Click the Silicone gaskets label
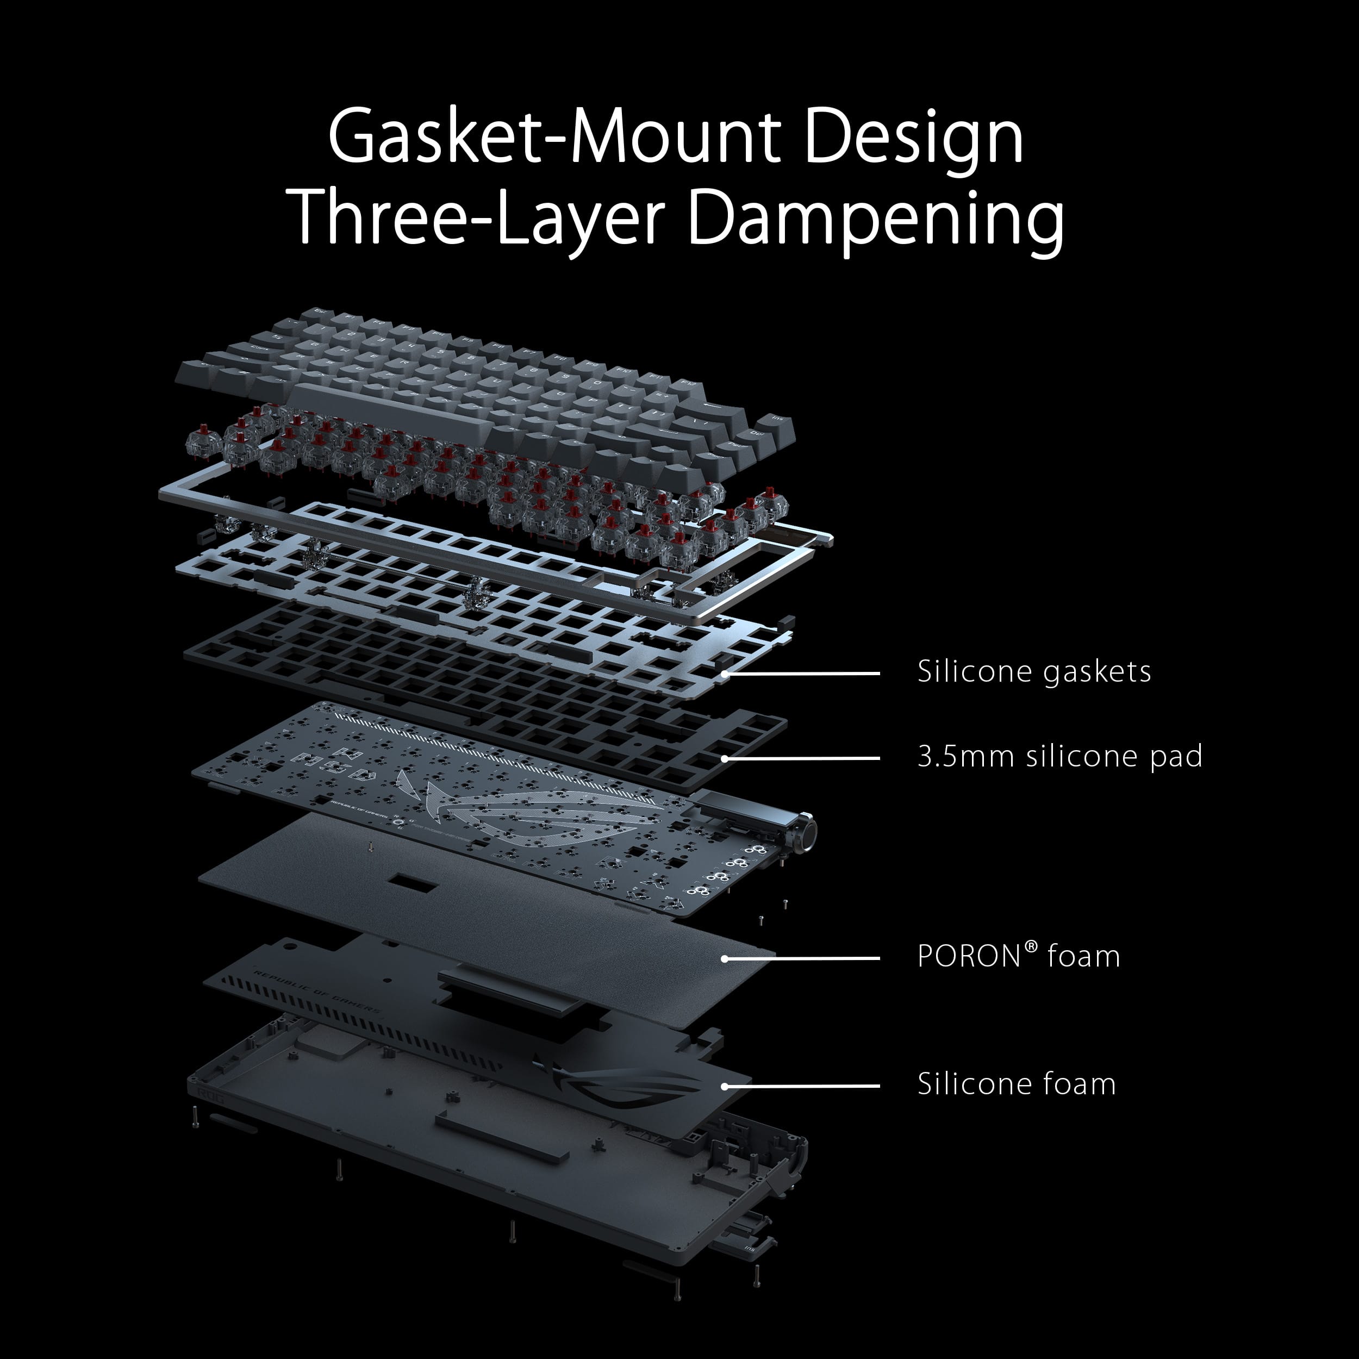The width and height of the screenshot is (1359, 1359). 1033,672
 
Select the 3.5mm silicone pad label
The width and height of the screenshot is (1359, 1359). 1059,756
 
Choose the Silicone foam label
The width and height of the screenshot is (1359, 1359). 1016,1084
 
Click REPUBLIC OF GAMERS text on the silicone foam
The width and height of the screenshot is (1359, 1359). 316,993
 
